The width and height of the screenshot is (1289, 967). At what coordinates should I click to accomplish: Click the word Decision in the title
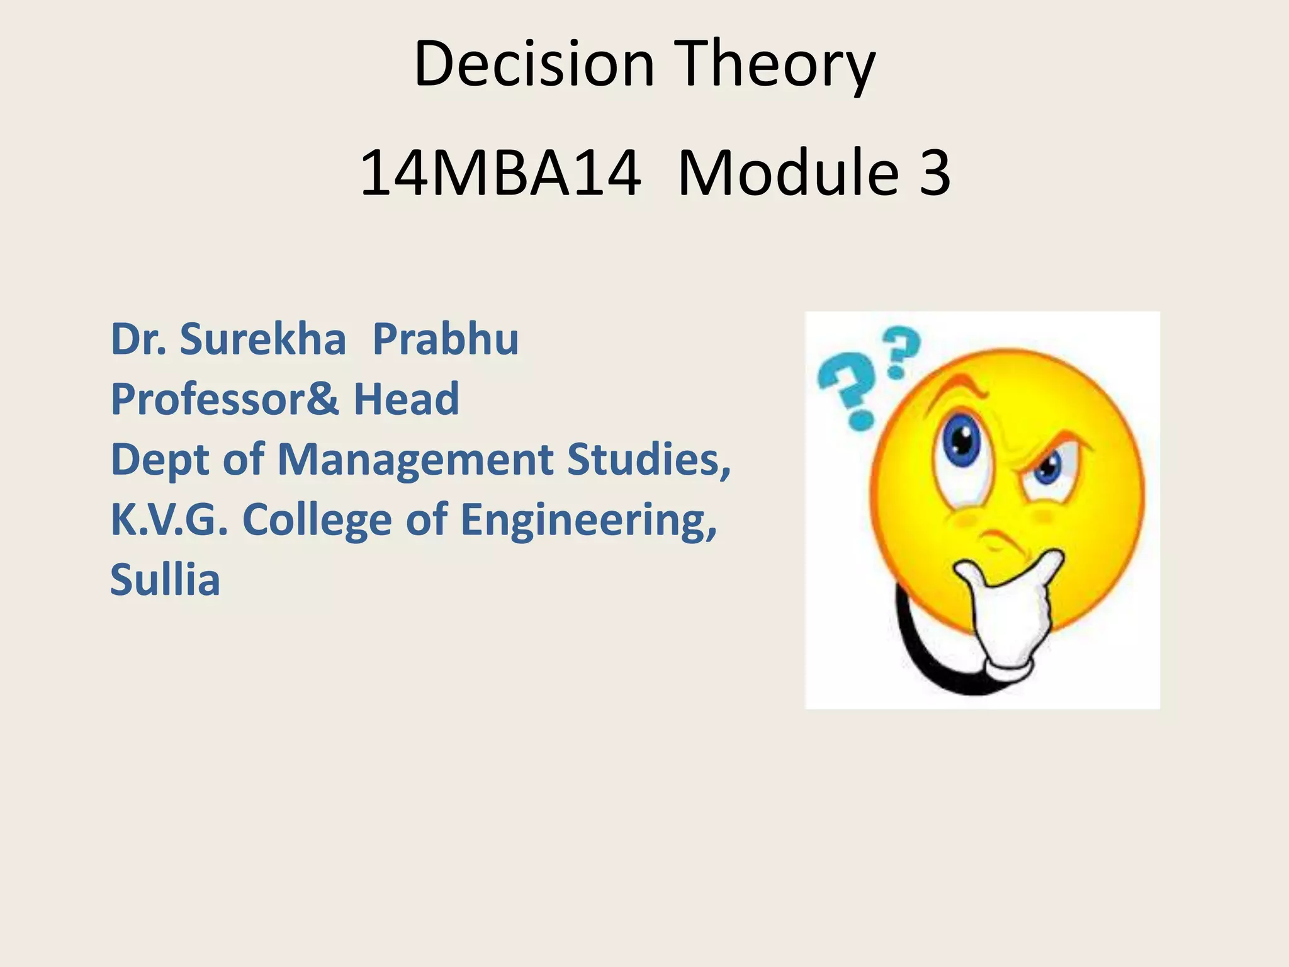coord(534,64)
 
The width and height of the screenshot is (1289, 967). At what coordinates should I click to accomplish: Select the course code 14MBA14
coord(500,172)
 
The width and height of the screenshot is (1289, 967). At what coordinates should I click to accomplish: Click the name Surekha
coord(262,339)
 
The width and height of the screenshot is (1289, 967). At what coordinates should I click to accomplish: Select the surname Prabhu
coord(446,339)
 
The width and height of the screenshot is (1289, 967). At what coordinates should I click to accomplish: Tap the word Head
coord(407,399)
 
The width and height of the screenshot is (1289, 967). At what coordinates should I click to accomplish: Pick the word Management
coord(415,460)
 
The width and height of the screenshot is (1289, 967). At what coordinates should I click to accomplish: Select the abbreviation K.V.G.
coord(169,520)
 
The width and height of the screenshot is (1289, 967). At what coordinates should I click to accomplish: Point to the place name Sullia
coord(165,580)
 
